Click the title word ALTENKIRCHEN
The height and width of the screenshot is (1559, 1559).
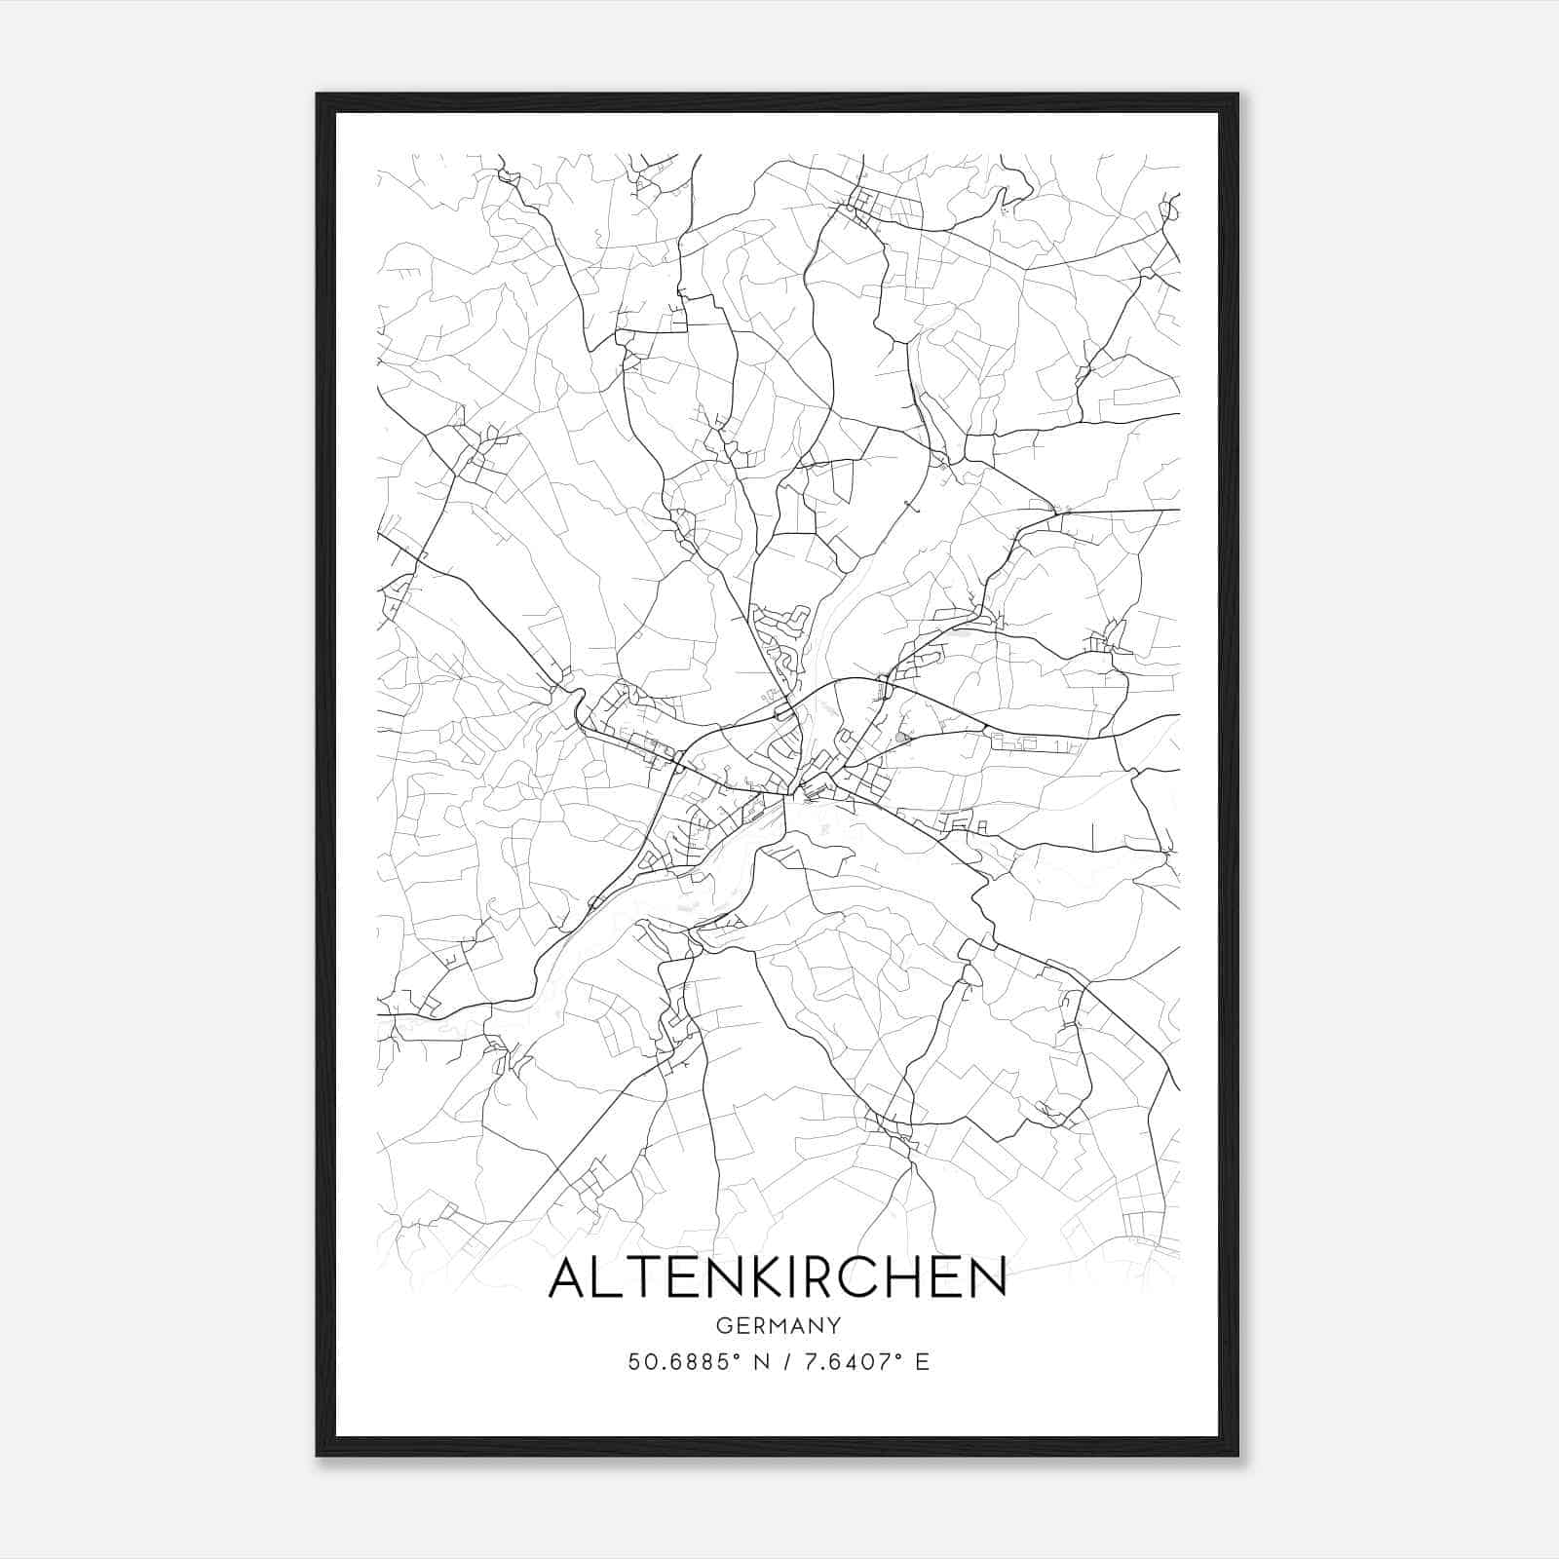coord(778,1277)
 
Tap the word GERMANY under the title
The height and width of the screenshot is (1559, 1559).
coord(778,1326)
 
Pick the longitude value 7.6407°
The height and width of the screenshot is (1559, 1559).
coord(844,1362)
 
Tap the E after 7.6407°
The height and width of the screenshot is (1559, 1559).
coord(922,1362)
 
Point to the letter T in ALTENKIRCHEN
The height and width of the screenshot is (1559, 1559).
coord(638,1277)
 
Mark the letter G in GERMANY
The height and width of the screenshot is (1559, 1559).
coord(723,1326)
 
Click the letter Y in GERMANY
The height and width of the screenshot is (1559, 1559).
coord(834,1326)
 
